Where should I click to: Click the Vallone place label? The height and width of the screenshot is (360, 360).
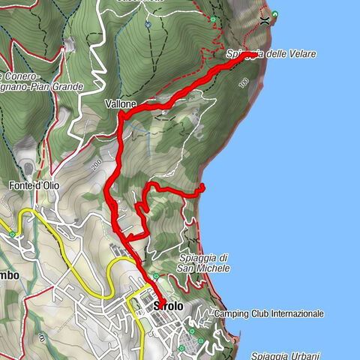click(x=120, y=104)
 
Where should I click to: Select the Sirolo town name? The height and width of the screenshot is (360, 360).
click(x=168, y=306)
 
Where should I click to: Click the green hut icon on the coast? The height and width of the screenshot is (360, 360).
click(x=275, y=14)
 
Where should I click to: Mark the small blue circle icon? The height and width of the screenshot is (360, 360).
click(x=148, y=23)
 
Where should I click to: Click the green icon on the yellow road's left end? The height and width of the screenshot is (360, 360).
click(x=12, y=234)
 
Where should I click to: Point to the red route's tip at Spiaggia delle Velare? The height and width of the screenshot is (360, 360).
click(x=256, y=55)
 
